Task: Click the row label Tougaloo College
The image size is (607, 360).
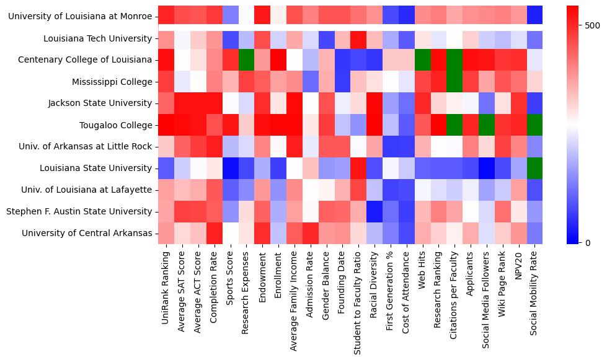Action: (116, 125)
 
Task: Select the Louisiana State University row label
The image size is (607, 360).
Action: (96, 168)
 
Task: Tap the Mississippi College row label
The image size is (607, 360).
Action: (112, 82)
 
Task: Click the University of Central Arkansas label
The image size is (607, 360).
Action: (87, 233)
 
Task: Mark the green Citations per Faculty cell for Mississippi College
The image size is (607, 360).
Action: (456, 82)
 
